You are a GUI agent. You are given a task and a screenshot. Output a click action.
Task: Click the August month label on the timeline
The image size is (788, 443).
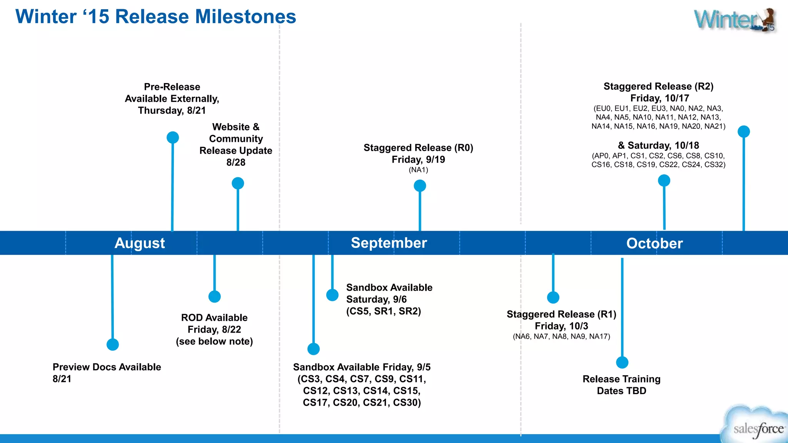pyautogui.click(x=140, y=243)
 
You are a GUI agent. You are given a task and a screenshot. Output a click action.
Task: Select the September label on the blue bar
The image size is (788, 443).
pyautogui.click(x=389, y=243)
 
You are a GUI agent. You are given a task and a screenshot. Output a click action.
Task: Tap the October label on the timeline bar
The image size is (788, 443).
pyautogui.click(x=654, y=243)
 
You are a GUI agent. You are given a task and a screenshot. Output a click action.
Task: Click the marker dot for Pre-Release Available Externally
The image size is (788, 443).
pyautogui.click(x=173, y=137)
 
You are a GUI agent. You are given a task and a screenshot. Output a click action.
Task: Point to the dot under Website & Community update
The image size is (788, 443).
pyautogui.click(x=238, y=183)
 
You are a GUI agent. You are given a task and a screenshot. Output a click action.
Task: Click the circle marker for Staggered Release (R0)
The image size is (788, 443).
pyautogui.click(x=420, y=186)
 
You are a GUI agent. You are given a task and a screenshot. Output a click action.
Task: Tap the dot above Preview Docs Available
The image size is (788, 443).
pyautogui.click(x=113, y=344)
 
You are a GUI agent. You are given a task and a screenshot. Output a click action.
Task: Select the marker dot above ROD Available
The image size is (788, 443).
pyautogui.click(x=214, y=296)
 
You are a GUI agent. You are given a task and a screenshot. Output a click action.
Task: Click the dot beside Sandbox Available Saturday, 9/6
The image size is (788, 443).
pyautogui.click(x=332, y=295)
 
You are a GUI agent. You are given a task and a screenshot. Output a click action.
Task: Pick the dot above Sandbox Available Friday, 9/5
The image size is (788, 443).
pyautogui.click(x=314, y=349)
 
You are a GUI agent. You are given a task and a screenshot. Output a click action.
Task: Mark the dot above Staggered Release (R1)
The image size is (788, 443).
pyautogui.click(x=553, y=297)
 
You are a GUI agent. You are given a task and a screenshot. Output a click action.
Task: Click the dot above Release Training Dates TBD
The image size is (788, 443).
pyautogui.click(x=622, y=362)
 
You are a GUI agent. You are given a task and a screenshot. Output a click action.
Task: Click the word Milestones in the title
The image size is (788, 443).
pyautogui.click(x=245, y=17)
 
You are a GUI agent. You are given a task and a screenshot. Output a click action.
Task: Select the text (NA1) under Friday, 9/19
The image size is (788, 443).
pyautogui.click(x=418, y=170)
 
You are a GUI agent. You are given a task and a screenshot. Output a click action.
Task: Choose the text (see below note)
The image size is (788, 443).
pyautogui.click(x=214, y=341)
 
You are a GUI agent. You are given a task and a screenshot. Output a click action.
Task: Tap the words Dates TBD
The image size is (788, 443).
pyautogui.click(x=621, y=391)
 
